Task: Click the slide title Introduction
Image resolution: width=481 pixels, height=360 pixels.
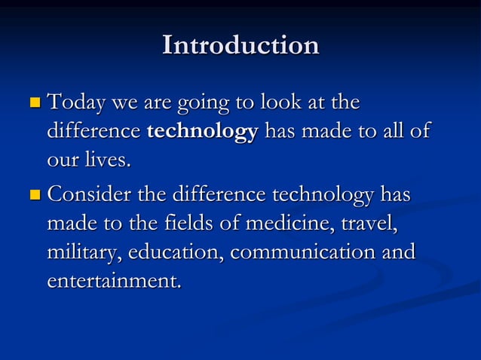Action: click(x=240, y=45)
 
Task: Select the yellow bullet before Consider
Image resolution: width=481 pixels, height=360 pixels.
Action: click(x=34, y=196)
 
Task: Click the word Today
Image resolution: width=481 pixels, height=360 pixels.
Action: click(x=76, y=102)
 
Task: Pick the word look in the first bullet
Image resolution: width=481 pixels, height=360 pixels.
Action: click(x=284, y=102)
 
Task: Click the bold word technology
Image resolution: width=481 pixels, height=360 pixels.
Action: click(x=202, y=133)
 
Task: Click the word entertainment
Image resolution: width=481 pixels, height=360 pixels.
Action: click(x=114, y=281)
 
